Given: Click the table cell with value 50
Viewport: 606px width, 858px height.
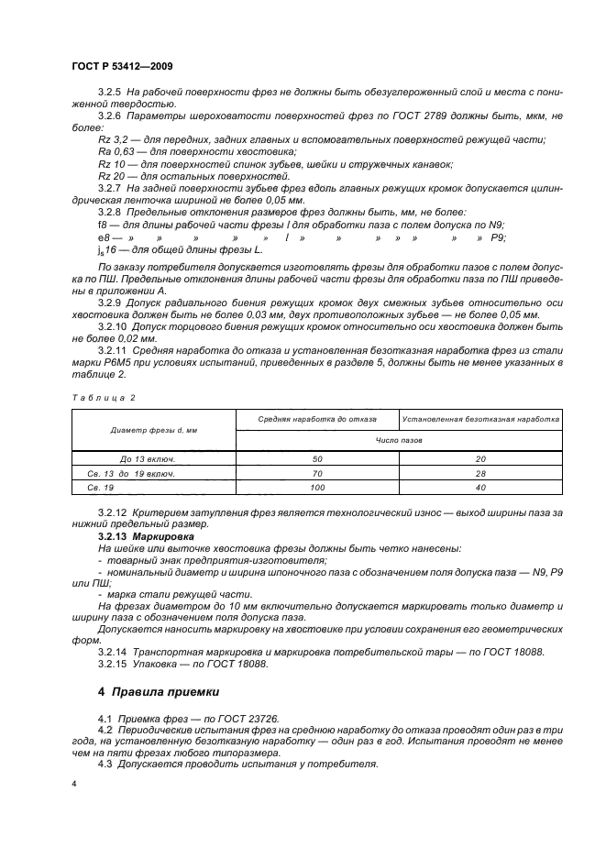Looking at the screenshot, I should point(317,457).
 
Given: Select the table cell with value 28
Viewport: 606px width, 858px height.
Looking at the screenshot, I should point(481,474).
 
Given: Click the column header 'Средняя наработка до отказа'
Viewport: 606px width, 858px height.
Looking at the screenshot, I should point(317,419).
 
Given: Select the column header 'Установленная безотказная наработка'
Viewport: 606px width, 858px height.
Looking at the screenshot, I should point(481,419).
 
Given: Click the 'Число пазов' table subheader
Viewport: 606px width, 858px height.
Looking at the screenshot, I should point(399,440).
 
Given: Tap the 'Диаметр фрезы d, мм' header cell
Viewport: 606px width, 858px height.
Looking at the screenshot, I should point(153,429).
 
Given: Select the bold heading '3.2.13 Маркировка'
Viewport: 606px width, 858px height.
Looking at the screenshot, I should point(133,533).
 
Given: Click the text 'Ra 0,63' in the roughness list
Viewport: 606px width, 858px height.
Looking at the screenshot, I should point(114,150).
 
